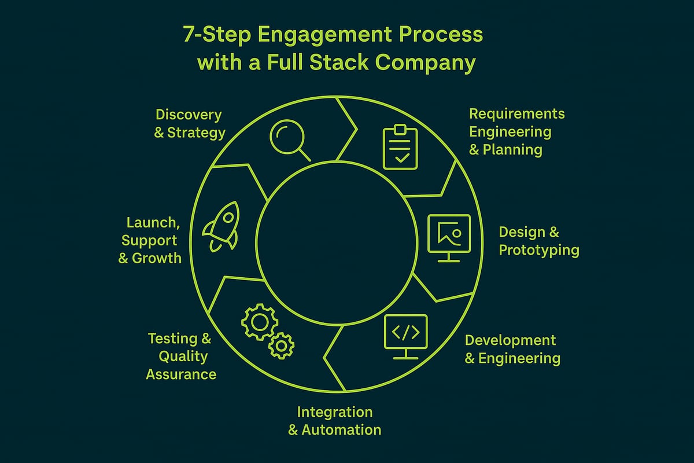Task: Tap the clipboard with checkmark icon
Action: (x=400, y=148)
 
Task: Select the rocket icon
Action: (x=220, y=227)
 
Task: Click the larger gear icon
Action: (x=256, y=321)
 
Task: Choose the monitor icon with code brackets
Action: (x=405, y=335)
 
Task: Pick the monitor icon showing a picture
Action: (x=449, y=237)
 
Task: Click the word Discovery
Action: (x=189, y=115)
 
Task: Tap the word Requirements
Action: (x=516, y=113)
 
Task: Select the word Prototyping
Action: (x=539, y=250)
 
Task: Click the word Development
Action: (x=510, y=340)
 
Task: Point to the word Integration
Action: (x=334, y=412)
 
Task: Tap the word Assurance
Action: (x=181, y=374)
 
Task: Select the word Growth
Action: (x=157, y=258)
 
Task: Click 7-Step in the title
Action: (x=216, y=35)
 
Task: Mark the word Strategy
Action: (x=196, y=133)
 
